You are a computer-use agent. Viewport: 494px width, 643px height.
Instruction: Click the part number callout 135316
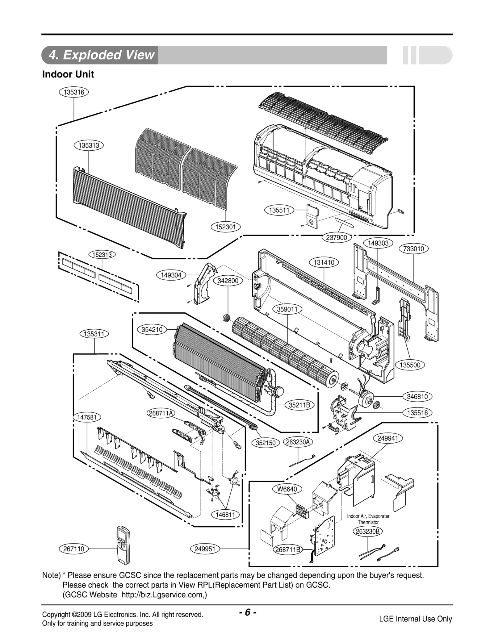(74, 92)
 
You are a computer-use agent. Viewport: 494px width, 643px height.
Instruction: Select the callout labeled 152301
(225, 227)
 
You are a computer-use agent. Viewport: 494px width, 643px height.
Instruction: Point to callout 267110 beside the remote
(73, 549)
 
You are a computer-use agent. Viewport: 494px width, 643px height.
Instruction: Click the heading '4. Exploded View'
(101, 55)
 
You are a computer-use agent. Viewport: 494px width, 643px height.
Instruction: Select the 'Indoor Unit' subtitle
(68, 74)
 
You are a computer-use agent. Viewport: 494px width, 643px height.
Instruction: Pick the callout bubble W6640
(287, 489)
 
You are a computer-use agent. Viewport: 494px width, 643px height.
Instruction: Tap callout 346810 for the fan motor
(417, 396)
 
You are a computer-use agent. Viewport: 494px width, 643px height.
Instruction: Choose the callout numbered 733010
(414, 248)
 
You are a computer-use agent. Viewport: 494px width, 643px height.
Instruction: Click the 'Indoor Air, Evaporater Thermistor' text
(368, 519)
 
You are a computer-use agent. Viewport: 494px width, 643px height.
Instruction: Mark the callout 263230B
(367, 531)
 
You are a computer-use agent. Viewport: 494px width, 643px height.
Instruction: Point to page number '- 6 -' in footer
(247, 612)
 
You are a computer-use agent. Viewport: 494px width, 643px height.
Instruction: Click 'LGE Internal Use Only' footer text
(415, 619)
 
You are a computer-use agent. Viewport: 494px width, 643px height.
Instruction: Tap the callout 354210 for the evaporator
(152, 329)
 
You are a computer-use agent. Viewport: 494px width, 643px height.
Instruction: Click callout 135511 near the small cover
(279, 210)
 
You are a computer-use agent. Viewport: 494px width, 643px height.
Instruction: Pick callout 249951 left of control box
(205, 549)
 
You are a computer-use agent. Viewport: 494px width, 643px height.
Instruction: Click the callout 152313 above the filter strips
(102, 254)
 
